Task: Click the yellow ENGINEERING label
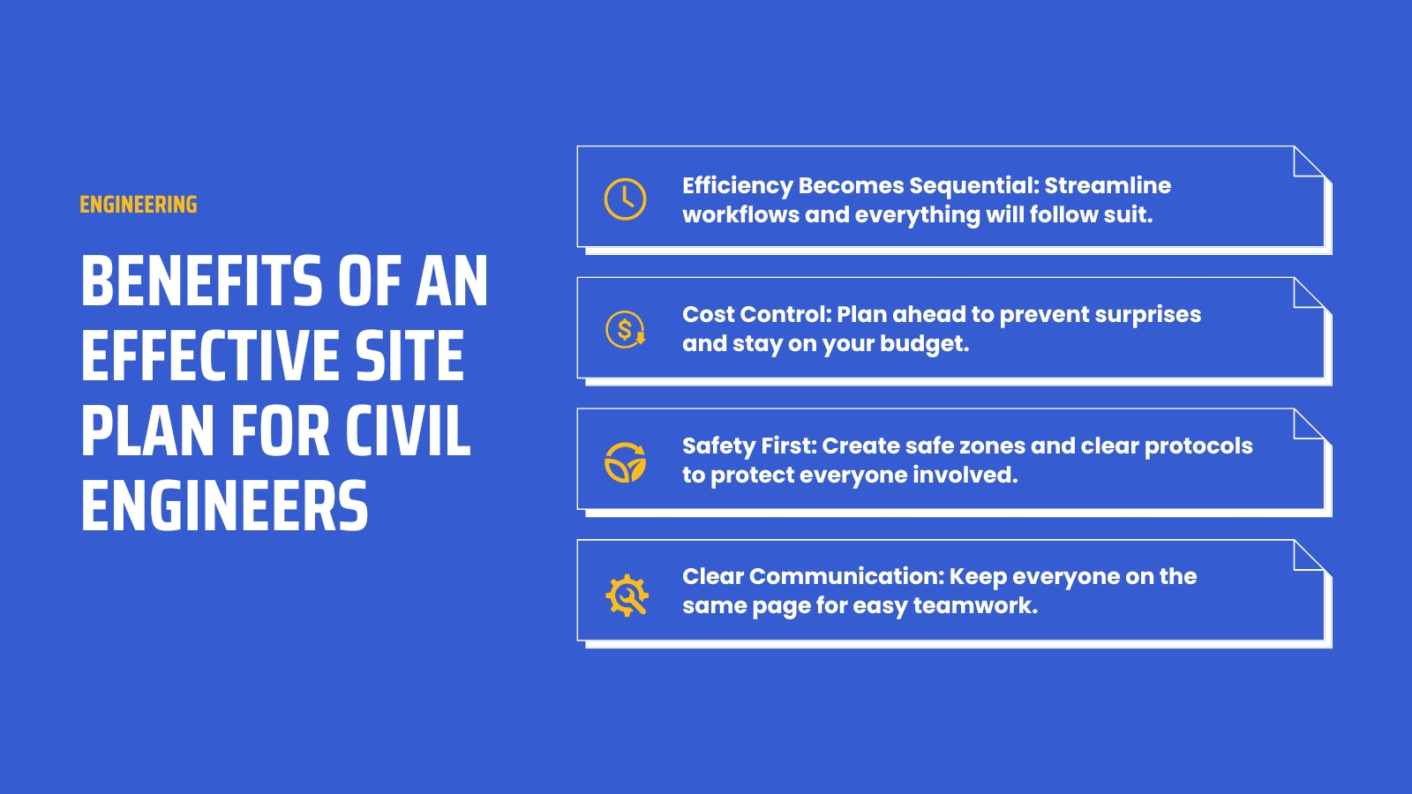click(x=139, y=205)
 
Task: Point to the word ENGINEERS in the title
click(x=224, y=506)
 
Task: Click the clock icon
click(x=625, y=198)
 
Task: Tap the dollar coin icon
click(x=625, y=330)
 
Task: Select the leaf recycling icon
click(x=625, y=461)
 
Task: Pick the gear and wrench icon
click(x=627, y=595)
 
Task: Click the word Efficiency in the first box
click(x=737, y=186)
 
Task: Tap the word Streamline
click(x=1108, y=185)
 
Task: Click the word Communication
click(x=845, y=577)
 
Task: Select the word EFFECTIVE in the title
click(x=210, y=356)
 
